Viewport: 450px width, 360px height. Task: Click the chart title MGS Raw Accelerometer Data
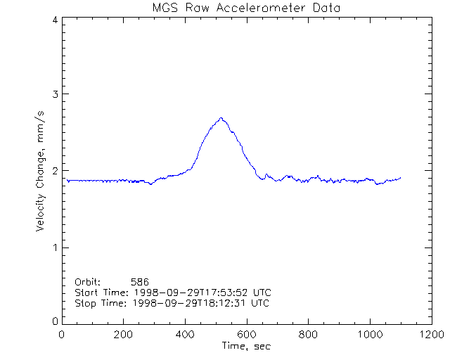[246, 8]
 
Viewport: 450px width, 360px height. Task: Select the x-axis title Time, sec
[246, 346]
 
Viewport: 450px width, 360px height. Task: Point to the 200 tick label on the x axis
[124, 334]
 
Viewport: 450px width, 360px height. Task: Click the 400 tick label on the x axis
[185, 334]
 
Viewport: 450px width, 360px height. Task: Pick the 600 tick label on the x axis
[247, 334]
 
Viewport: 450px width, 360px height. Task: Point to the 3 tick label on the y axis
[54, 94]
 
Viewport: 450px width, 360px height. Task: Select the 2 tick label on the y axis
[54, 171]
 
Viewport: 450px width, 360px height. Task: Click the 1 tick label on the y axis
[54, 247]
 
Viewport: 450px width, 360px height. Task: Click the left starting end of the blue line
[67, 179]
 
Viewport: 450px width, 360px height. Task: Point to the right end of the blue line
[401, 178]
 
